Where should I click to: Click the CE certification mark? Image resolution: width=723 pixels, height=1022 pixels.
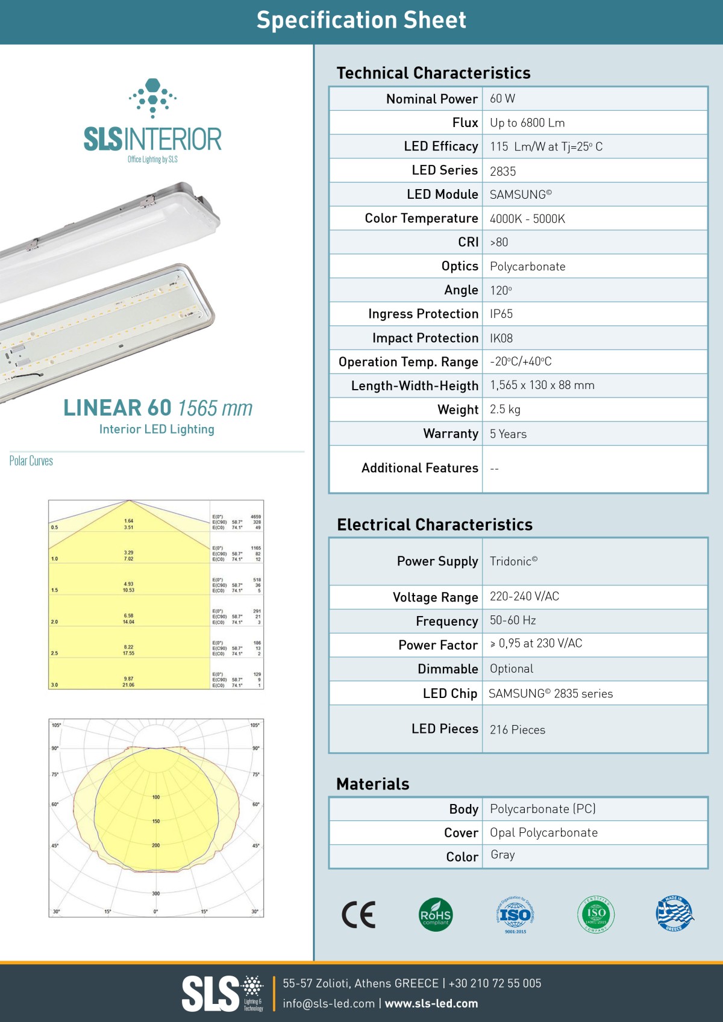(358, 915)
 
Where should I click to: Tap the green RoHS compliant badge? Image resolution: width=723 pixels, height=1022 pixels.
(436, 915)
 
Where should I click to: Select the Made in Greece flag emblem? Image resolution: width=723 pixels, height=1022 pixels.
(674, 914)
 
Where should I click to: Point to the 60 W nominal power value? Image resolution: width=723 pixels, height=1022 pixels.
(502, 99)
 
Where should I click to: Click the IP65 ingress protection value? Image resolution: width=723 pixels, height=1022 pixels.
(501, 314)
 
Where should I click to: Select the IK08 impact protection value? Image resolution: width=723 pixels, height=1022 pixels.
(501, 338)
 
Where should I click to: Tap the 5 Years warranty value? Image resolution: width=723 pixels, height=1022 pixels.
(508, 434)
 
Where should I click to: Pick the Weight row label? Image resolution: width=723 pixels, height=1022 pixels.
(458, 410)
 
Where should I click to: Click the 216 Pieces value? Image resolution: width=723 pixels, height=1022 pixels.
(517, 730)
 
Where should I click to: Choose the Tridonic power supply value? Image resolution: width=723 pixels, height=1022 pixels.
(513, 561)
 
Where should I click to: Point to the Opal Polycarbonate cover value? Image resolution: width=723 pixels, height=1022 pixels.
(543, 833)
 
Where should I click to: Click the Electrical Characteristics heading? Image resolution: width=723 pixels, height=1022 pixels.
(434, 525)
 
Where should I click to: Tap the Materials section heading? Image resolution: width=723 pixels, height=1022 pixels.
(373, 784)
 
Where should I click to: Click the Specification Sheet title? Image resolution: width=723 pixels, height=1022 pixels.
(361, 20)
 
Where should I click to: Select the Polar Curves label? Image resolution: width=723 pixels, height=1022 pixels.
(31, 461)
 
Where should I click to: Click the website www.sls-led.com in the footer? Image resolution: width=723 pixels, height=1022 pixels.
(431, 1003)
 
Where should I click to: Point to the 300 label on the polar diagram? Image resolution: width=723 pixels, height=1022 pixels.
(156, 894)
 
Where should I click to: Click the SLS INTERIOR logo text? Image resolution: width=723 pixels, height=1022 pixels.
(152, 139)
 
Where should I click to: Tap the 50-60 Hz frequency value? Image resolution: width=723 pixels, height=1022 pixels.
(513, 620)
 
